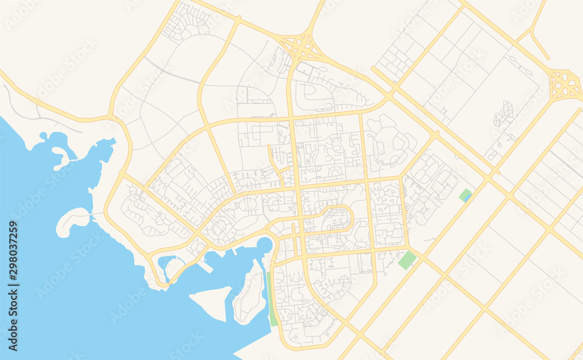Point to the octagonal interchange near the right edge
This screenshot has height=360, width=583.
(565, 85)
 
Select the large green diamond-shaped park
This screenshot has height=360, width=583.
(408, 260)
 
